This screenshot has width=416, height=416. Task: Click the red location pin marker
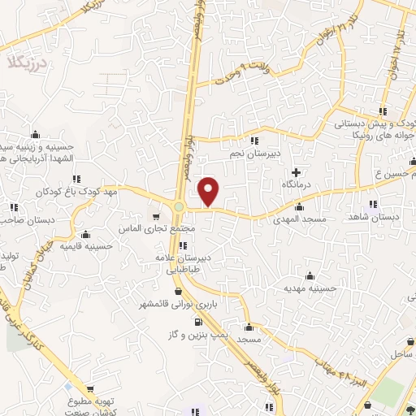coord(209,191)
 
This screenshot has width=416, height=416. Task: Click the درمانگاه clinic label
coord(297,186)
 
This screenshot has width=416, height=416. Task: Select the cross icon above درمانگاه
coord(297,172)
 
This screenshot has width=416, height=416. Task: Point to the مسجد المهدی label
coord(299,219)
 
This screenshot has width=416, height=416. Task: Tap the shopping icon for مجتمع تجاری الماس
coord(155,216)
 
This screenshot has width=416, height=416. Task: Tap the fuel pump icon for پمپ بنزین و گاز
coord(196,322)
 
